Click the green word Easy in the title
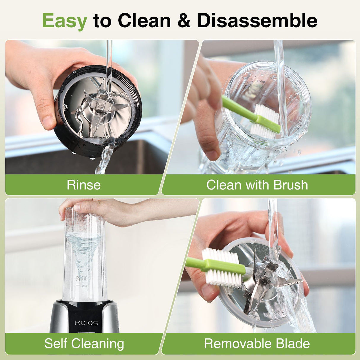(65, 21)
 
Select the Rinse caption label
(84, 185)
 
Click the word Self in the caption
(56, 343)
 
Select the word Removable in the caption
(238, 343)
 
